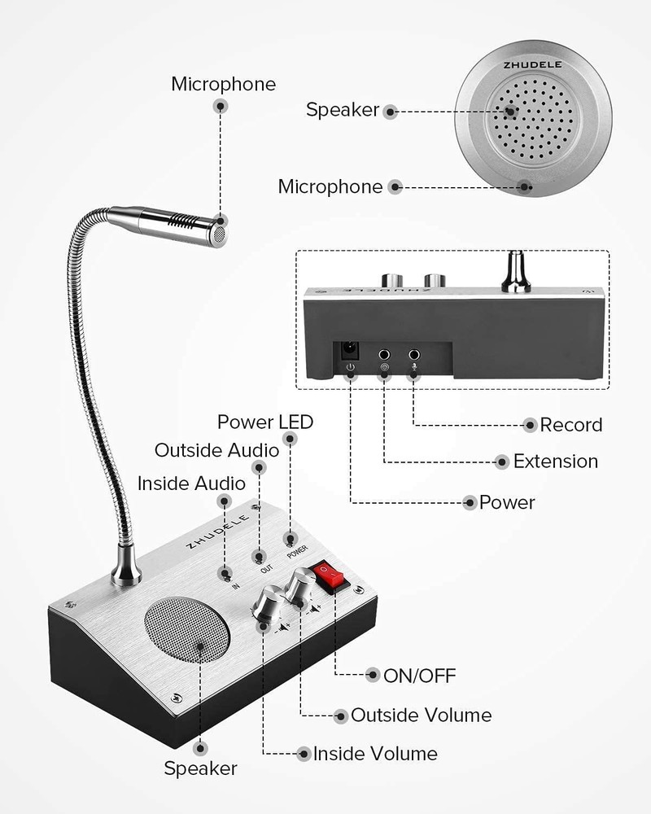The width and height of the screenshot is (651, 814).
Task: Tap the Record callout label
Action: (x=571, y=424)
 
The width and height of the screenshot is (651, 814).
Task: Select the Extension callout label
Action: (x=555, y=462)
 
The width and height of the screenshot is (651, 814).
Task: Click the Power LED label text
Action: (x=264, y=422)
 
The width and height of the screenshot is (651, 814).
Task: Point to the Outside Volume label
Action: (x=421, y=716)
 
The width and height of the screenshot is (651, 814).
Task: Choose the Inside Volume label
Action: (x=375, y=754)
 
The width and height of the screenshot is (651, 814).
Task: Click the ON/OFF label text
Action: (x=421, y=675)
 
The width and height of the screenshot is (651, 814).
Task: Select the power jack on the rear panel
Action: (x=351, y=351)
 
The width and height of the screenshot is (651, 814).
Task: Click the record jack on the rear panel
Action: (x=414, y=355)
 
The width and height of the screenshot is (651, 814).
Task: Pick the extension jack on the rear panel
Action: (x=384, y=355)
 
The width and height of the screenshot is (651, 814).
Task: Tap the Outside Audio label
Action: (x=216, y=450)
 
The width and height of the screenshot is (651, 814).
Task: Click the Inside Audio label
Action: (x=191, y=484)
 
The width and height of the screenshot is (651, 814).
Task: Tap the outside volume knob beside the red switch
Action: (x=301, y=586)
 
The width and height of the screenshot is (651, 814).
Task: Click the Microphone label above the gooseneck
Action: (x=223, y=84)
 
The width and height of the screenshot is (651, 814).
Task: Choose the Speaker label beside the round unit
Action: (x=342, y=110)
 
